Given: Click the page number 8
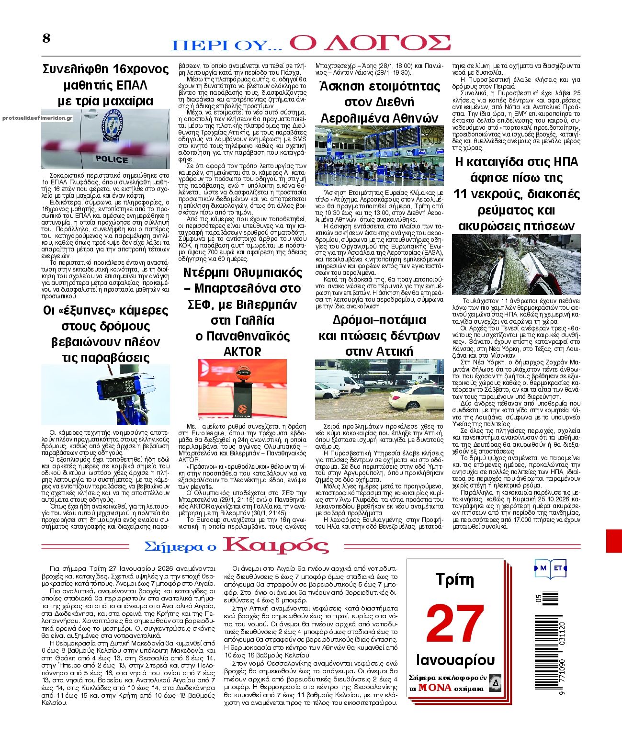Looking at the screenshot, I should (46, 38).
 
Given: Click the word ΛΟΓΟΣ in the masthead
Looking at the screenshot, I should (370, 43).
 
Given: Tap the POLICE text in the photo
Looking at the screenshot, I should (112, 159).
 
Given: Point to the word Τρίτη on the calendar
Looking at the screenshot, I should (455, 580).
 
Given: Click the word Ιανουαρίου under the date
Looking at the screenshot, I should (455, 660).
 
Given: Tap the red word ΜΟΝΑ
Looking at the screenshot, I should (435, 688).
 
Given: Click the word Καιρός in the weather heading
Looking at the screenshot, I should (276, 546).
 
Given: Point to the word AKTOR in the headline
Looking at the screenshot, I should (242, 352).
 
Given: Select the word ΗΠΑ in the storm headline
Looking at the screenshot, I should (566, 162).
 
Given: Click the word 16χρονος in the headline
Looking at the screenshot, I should (141, 69).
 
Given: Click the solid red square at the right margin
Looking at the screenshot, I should (614, 541).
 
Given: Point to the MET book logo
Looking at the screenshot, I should (551, 568).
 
